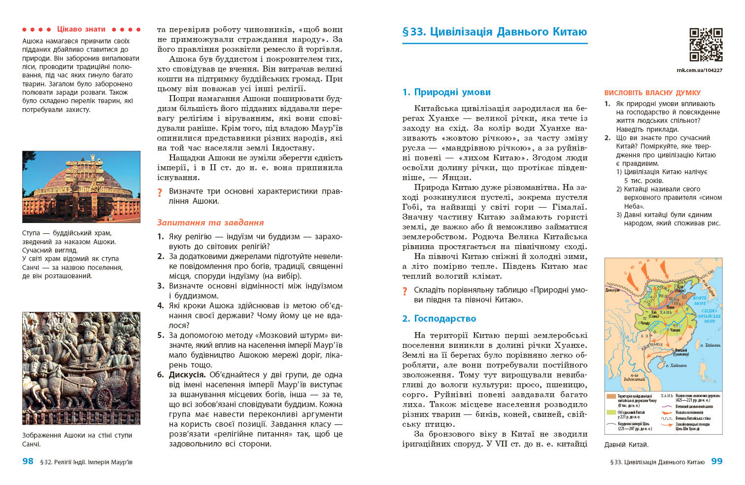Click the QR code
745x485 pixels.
[706, 44]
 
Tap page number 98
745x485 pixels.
[28, 461]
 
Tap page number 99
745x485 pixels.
[716, 461]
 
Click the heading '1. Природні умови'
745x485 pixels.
[446, 92]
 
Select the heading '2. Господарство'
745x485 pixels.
[439, 319]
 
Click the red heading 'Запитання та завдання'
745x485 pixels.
[210, 223]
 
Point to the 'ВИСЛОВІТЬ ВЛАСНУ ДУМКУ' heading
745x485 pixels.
[652, 93]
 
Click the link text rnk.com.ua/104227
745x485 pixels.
[699, 70]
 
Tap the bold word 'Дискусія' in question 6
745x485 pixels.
[186, 375]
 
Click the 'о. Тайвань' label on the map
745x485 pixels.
[710, 345]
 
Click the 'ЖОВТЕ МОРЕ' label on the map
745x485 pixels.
[700, 300]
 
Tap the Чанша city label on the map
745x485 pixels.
[675, 330]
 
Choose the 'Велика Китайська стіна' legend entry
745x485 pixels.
[692, 418]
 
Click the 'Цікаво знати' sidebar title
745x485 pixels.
[81, 29]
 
